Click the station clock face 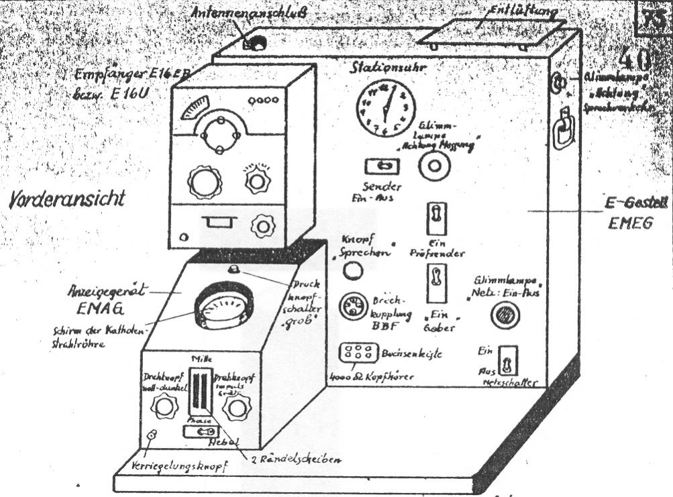click(x=385, y=108)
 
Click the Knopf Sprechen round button click(x=354, y=270)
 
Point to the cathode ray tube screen click(x=223, y=311)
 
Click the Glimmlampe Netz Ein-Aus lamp click(x=502, y=315)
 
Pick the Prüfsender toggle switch click(x=436, y=219)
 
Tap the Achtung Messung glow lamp click(x=431, y=166)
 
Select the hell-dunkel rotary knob click(x=162, y=405)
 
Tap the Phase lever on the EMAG click(x=199, y=433)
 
